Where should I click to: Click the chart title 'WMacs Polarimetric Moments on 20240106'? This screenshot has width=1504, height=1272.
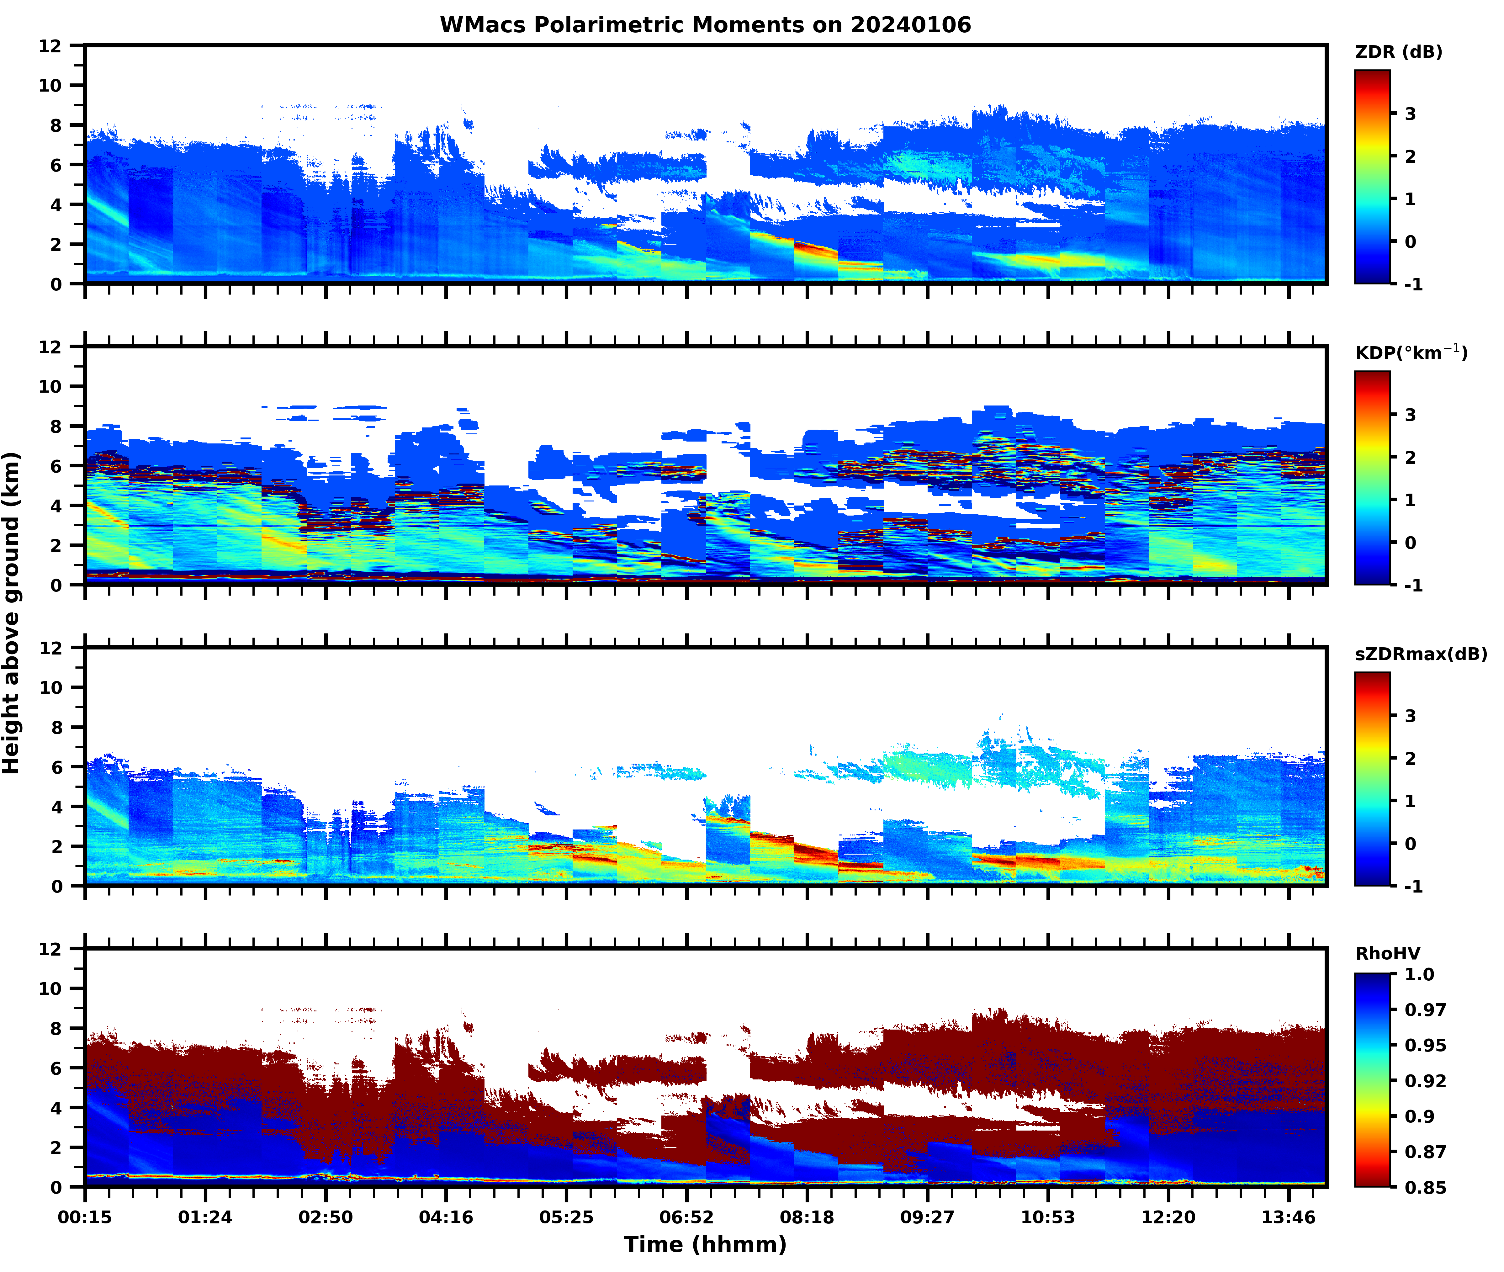(705, 25)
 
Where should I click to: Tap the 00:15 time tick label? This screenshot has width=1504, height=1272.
(85, 1217)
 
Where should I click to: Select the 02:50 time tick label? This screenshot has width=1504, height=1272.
(326, 1217)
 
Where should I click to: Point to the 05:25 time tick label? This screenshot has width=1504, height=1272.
(567, 1217)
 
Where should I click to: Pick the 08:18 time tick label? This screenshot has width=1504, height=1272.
(807, 1217)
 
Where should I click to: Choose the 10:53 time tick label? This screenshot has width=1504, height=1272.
(1048, 1217)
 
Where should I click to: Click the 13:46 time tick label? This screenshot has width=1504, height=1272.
(1289, 1217)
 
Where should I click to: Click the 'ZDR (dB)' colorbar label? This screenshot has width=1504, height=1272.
(1399, 52)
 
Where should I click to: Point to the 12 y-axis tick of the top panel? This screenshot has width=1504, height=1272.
(50, 45)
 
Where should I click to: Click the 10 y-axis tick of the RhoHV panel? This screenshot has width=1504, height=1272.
(50, 988)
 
